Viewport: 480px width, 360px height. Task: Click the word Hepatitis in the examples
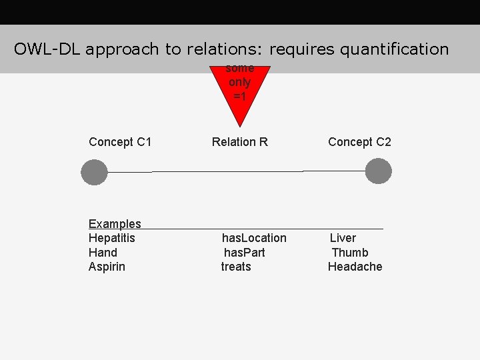[111, 238]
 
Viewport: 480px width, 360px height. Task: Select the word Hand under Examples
[103, 253]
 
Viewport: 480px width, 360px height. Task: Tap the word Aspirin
[107, 267]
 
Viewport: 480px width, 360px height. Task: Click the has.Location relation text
[254, 238]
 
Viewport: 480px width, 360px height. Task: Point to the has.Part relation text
[244, 253]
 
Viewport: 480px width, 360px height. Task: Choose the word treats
[236, 267]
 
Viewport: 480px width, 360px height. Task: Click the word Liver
[343, 238]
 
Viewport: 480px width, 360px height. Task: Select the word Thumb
[350, 253]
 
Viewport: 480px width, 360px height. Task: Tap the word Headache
[355, 267]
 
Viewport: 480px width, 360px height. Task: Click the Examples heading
[115, 224]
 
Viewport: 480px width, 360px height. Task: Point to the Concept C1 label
[120, 142]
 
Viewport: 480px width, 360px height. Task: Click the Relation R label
[239, 142]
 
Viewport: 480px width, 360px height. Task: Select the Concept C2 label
[359, 142]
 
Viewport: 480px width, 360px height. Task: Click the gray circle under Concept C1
[94, 172]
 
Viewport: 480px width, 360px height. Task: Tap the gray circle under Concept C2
[379, 171]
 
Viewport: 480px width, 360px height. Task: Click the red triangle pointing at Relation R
[239, 107]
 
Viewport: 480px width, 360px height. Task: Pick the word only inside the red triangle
[239, 83]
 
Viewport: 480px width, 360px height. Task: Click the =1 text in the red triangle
[239, 97]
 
